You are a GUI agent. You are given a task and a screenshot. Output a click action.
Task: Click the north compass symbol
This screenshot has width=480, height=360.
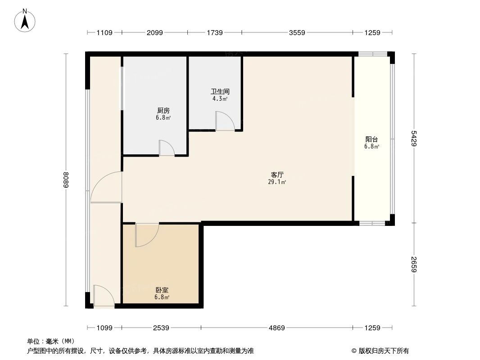click(x=25, y=21)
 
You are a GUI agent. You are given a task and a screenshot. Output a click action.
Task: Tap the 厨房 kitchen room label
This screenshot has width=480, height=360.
click(x=163, y=110)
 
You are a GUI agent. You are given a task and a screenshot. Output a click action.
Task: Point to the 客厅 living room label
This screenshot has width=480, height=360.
click(x=277, y=175)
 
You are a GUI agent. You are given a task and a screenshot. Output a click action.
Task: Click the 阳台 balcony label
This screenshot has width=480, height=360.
click(x=371, y=139)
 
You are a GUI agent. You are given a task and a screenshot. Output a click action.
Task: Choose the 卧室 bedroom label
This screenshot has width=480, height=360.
click(x=162, y=290)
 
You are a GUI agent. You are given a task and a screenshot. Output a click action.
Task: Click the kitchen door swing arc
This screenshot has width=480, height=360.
click(x=167, y=148)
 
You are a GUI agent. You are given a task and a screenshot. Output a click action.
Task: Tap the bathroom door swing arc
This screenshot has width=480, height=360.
click(x=225, y=121)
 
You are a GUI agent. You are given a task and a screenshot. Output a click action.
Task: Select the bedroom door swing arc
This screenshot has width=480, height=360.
click(x=147, y=235)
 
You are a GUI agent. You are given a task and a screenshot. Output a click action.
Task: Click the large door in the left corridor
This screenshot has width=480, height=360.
click(x=107, y=187)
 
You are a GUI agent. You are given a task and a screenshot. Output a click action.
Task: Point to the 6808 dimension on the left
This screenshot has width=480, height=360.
click(x=66, y=180)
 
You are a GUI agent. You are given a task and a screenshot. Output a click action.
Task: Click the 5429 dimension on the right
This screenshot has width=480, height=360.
click(x=414, y=138)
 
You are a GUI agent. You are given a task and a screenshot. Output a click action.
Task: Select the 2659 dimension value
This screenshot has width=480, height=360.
click(x=414, y=265)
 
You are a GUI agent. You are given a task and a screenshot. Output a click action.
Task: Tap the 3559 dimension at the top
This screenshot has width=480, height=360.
click(x=297, y=32)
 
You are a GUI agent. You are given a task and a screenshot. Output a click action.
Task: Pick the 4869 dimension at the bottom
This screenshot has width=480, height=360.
click(x=277, y=328)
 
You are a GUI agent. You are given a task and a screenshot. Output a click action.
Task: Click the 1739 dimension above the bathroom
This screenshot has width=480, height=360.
click(x=214, y=32)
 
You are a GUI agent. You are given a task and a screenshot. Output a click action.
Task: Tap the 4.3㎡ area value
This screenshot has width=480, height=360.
click(x=220, y=99)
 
